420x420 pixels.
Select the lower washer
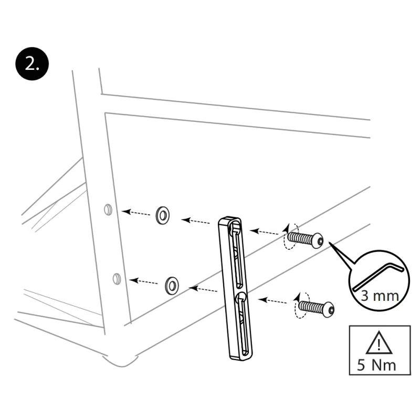coord(172,285)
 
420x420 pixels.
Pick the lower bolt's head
coord(329,309)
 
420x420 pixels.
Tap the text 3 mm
coord(379,296)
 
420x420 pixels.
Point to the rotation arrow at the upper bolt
coord(290,237)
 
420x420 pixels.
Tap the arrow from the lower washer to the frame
coord(144,282)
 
